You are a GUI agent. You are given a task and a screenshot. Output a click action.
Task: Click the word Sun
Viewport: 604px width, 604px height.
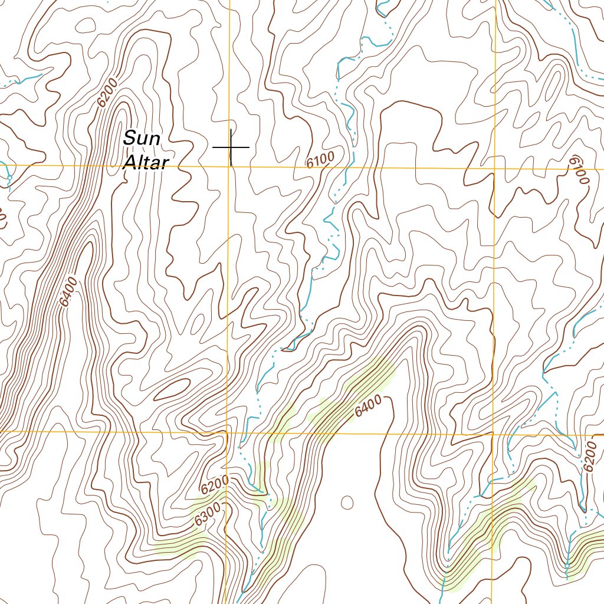click(142, 140)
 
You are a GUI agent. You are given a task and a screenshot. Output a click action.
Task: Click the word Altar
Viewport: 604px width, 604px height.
click(145, 163)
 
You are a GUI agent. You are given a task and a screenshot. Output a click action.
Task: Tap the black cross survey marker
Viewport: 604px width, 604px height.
click(231, 147)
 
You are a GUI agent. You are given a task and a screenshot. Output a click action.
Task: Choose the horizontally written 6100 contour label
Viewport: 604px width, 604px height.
click(320, 159)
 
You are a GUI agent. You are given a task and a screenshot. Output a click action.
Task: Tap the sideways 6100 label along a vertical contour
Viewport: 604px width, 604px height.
click(579, 170)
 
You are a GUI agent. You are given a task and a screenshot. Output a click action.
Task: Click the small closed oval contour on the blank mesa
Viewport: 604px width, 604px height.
click(347, 503)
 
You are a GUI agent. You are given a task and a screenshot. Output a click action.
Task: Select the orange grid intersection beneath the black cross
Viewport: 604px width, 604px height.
click(229, 167)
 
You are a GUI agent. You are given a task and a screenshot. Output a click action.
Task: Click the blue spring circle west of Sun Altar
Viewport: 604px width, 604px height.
click(9, 177)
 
